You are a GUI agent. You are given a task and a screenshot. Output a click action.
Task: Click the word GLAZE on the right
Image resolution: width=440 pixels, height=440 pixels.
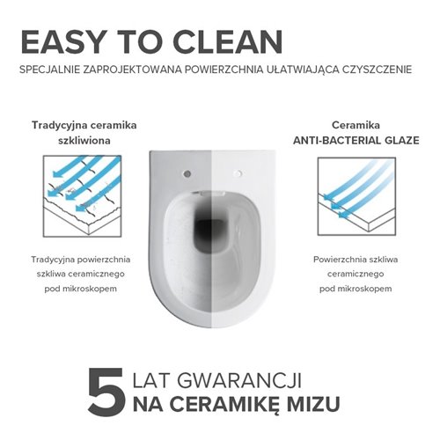coord(393,140)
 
